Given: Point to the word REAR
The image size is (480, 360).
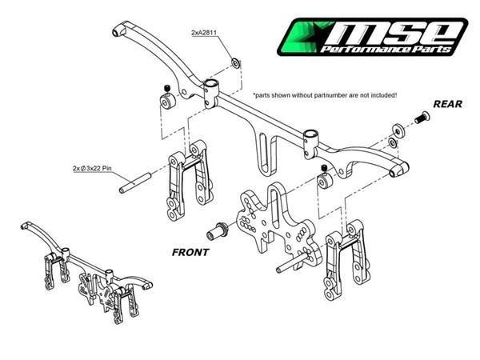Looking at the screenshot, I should [x=449, y=103].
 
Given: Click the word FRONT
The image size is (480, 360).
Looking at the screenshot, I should [x=190, y=251].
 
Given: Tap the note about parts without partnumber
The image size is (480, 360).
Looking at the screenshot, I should [x=325, y=94].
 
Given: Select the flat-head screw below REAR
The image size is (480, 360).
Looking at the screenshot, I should [x=420, y=119].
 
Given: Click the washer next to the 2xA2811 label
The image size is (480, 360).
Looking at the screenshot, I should [x=234, y=61].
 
